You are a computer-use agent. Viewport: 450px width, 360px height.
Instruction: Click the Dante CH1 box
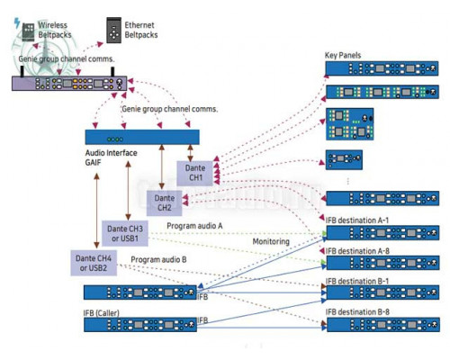(x=194, y=173)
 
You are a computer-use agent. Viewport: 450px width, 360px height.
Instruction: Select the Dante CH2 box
(x=164, y=203)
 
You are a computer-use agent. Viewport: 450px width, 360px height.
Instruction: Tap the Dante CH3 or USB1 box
(x=125, y=233)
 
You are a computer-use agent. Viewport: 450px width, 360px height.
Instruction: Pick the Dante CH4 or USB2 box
(x=94, y=263)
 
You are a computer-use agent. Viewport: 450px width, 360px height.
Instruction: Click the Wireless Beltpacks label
(x=55, y=30)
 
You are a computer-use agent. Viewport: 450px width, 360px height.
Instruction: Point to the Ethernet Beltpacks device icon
(x=114, y=31)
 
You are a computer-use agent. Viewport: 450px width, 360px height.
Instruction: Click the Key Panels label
(x=343, y=55)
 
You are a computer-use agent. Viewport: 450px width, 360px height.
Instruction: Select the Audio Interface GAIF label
(x=111, y=157)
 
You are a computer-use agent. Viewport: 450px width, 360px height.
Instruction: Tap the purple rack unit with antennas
(x=69, y=83)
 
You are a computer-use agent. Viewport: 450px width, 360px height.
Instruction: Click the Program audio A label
(x=194, y=226)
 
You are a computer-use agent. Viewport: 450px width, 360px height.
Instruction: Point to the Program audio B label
(x=158, y=259)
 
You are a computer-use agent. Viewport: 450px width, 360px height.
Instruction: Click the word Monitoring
(x=271, y=241)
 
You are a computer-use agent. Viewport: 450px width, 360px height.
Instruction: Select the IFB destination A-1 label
(x=357, y=220)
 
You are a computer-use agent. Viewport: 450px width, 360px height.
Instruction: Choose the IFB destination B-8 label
(x=357, y=312)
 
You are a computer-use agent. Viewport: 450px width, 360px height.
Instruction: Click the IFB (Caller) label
(x=101, y=313)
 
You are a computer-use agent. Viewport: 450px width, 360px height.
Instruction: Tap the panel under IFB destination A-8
(x=382, y=263)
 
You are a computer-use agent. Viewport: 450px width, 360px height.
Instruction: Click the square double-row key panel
(x=350, y=124)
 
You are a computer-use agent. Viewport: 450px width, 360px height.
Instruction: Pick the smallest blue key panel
(x=344, y=159)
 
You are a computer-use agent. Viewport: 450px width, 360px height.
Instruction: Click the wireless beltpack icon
(x=29, y=31)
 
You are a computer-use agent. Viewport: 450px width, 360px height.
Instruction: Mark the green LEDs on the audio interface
(x=115, y=139)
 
